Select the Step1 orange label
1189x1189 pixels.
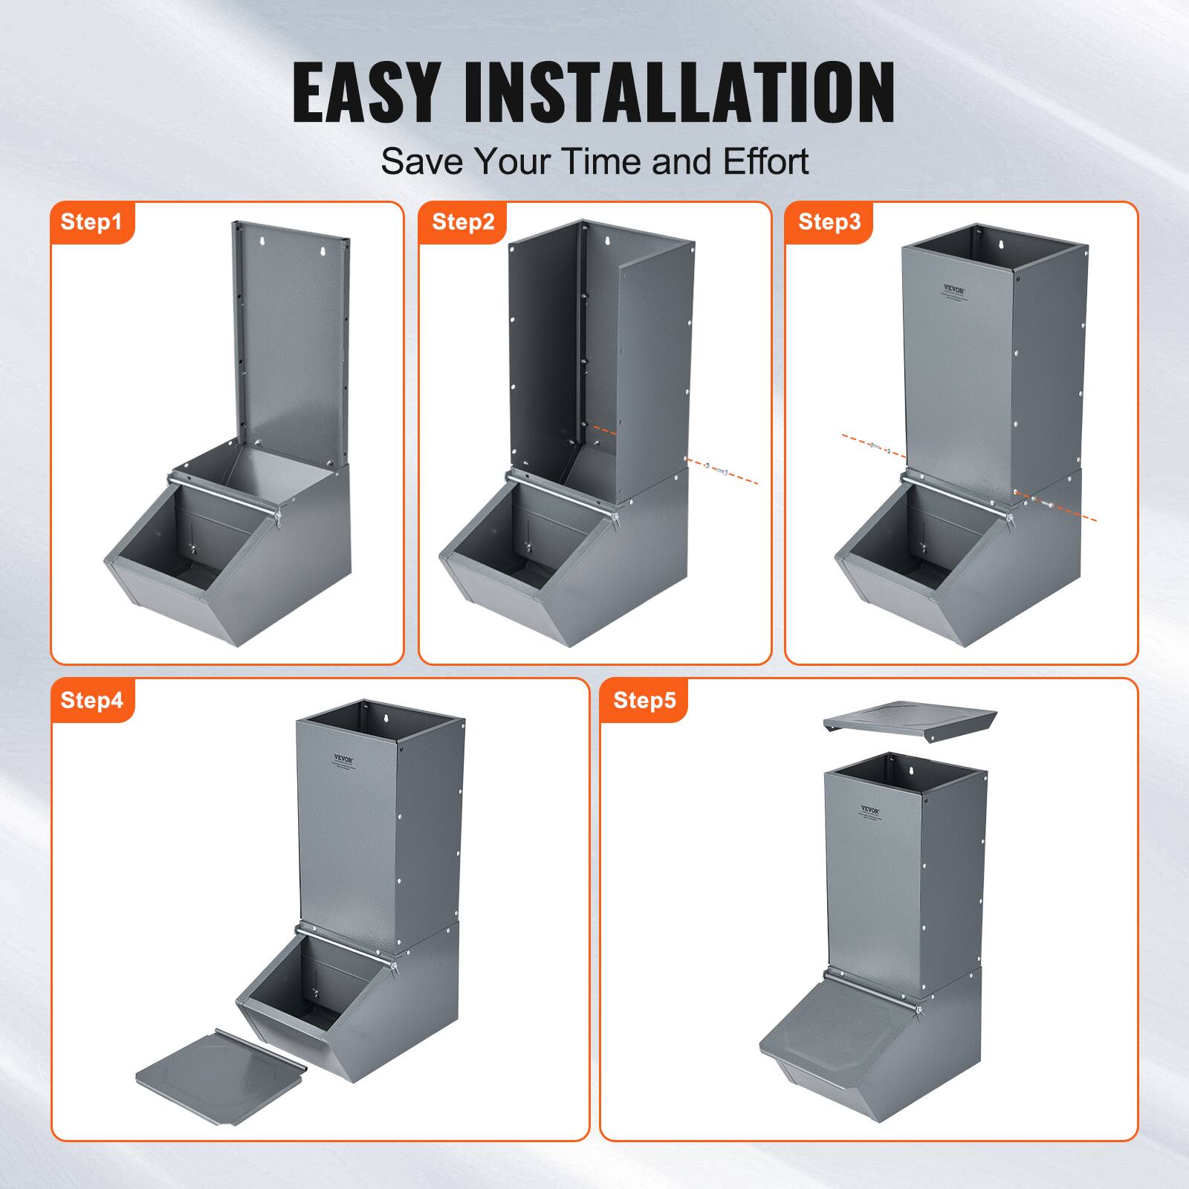coord(91,221)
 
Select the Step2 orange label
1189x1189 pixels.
coord(462,221)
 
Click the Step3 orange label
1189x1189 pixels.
coord(829,221)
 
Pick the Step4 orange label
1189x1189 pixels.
coord(91,700)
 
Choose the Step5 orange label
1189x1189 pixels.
coord(644,700)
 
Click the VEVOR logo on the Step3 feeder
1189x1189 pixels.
coord(953,288)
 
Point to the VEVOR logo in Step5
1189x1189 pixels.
coord(869,809)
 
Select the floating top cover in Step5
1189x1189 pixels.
coord(910,720)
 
